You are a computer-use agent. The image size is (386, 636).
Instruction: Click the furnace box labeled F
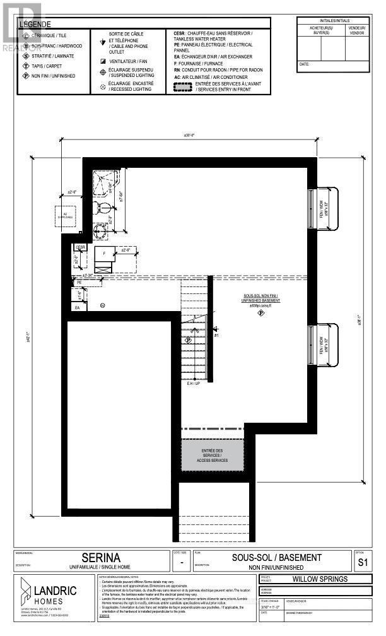tap(104, 254)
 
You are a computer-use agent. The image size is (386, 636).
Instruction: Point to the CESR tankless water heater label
tap(80, 247)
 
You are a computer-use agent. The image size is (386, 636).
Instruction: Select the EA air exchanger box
tap(78, 307)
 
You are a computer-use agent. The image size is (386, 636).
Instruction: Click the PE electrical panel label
tap(79, 283)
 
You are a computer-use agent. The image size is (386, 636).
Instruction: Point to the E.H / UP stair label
tap(193, 383)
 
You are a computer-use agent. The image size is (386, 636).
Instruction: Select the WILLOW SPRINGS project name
tap(324, 579)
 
